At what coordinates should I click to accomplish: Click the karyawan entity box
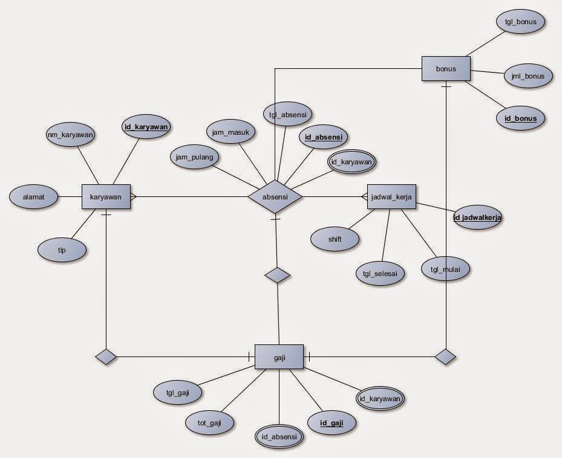click(x=106, y=197)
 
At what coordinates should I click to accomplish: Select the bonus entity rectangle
click(x=446, y=68)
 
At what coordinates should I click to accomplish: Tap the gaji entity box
click(x=279, y=356)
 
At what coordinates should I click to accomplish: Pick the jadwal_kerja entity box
click(x=391, y=197)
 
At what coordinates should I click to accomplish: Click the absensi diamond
click(x=275, y=197)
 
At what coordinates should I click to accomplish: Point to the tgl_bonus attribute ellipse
click(x=521, y=22)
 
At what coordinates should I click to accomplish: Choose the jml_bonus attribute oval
click(x=528, y=76)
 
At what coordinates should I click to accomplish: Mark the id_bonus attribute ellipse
click(x=520, y=118)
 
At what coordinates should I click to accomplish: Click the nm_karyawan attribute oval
click(x=71, y=135)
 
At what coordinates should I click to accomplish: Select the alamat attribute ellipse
click(x=34, y=197)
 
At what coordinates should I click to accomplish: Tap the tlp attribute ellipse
click(x=62, y=248)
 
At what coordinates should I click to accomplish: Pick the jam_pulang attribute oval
click(x=195, y=156)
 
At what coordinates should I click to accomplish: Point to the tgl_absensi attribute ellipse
click(x=288, y=114)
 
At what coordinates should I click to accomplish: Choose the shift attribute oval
click(x=335, y=239)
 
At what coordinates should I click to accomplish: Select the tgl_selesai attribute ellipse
click(x=380, y=273)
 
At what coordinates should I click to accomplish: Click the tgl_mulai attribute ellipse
click(x=445, y=269)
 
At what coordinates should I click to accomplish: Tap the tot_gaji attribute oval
click(x=210, y=422)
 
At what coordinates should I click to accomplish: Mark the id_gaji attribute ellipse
click(x=332, y=423)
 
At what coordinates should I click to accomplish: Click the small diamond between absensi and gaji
click(x=278, y=276)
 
